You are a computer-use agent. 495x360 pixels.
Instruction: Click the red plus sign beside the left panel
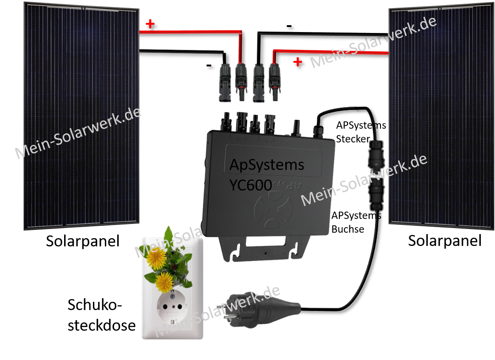click(x=150, y=24)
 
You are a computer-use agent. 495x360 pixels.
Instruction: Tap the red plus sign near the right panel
click(x=298, y=62)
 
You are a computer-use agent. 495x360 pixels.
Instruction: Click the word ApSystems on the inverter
click(x=266, y=165)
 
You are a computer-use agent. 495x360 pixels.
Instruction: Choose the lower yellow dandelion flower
click(x=164, y=283)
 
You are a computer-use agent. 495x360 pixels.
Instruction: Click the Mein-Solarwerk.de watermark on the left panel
click(x=78, y=133)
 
